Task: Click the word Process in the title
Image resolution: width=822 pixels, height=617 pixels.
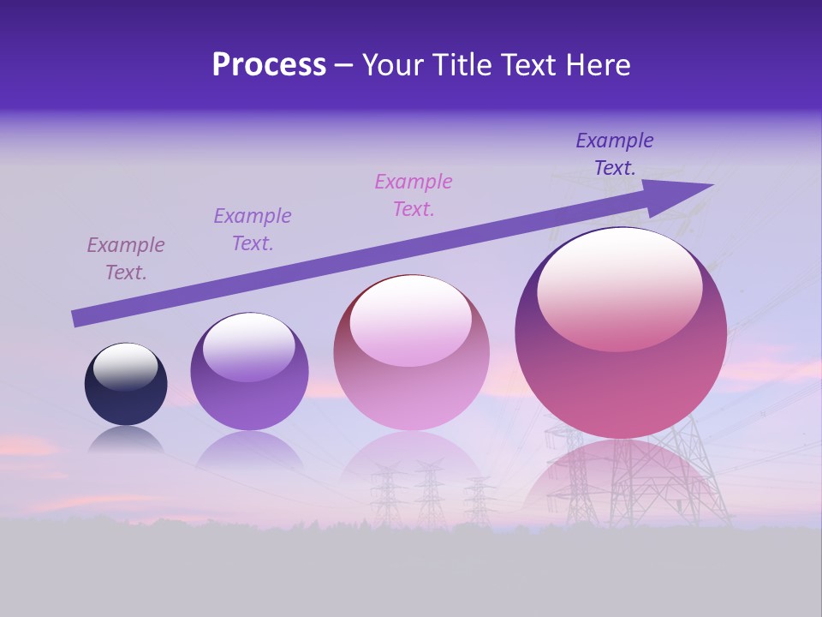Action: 269,65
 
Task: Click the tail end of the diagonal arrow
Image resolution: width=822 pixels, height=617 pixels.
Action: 79,318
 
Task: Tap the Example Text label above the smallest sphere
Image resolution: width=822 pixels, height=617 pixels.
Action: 126,259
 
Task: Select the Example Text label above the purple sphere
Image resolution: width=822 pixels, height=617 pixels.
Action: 253,230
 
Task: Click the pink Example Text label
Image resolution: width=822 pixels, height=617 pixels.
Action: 414,195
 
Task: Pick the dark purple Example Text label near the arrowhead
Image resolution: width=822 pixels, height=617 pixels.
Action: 615,154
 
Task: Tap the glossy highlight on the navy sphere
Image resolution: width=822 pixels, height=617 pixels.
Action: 125,367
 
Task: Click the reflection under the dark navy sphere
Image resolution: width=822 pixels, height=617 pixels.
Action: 126,439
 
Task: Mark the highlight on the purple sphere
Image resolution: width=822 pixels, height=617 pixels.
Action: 249,347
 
